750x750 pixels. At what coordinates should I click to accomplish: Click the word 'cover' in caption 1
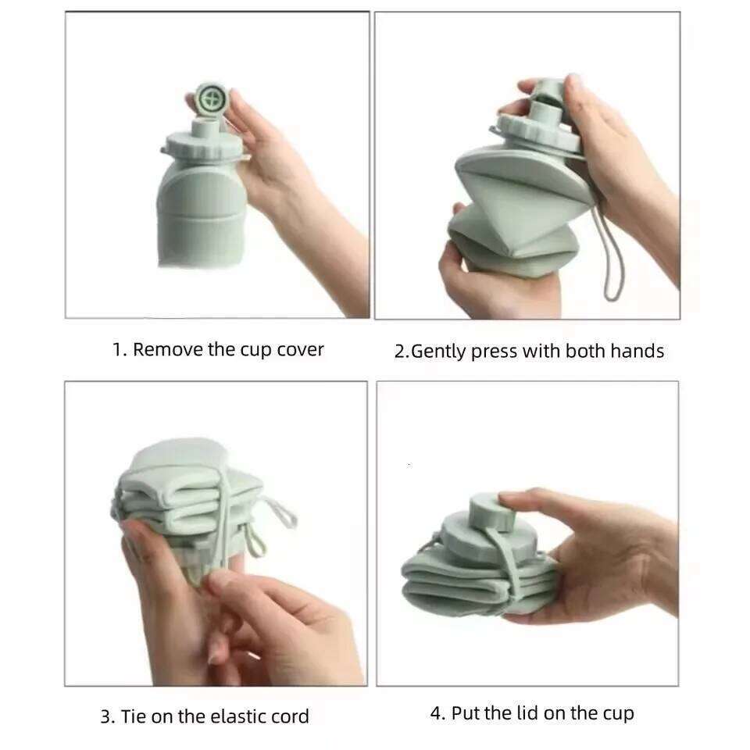pyautogui.click(x=300, y=349)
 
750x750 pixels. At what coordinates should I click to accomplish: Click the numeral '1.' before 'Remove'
pyautogui.click(x=119, y=349)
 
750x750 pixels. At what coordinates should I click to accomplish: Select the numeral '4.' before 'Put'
pyautogui.click(x=437, y=713)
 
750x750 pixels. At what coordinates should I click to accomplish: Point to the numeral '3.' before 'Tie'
pyautogui.click(x=108, y=716)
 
